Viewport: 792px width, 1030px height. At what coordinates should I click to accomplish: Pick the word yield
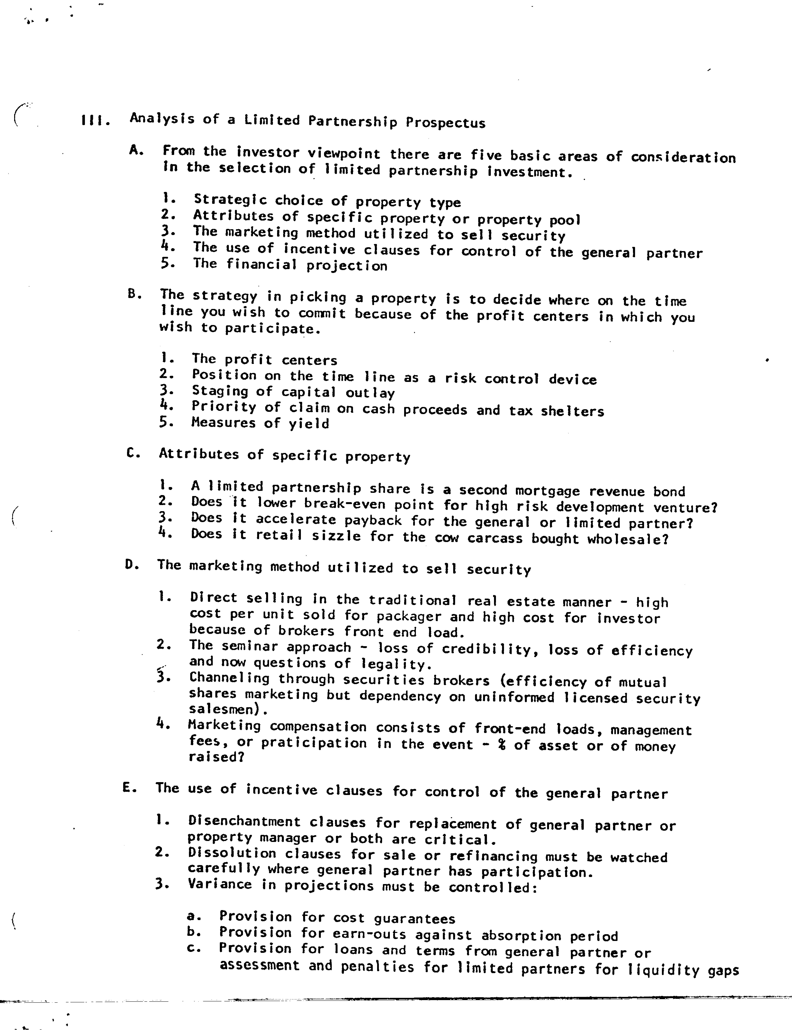309,424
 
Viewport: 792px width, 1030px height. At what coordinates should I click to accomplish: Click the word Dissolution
232,853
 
